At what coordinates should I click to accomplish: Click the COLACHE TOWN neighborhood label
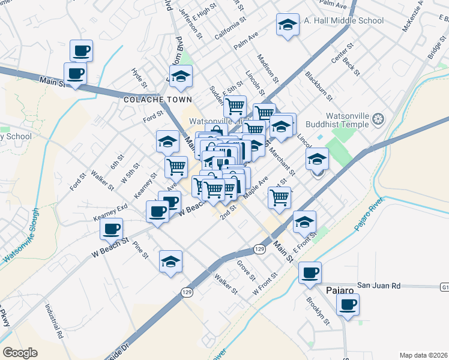(158, 100)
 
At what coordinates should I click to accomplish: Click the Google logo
(20, 352)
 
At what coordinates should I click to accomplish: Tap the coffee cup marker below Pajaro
(348, 305)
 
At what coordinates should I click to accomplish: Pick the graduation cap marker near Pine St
(170, 262)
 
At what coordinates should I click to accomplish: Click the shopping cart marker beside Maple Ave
(279, 197)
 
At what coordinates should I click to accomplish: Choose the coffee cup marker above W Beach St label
(112, 228)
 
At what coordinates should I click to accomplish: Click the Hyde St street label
(139, 77)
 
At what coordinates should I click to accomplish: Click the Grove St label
(246, 268)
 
